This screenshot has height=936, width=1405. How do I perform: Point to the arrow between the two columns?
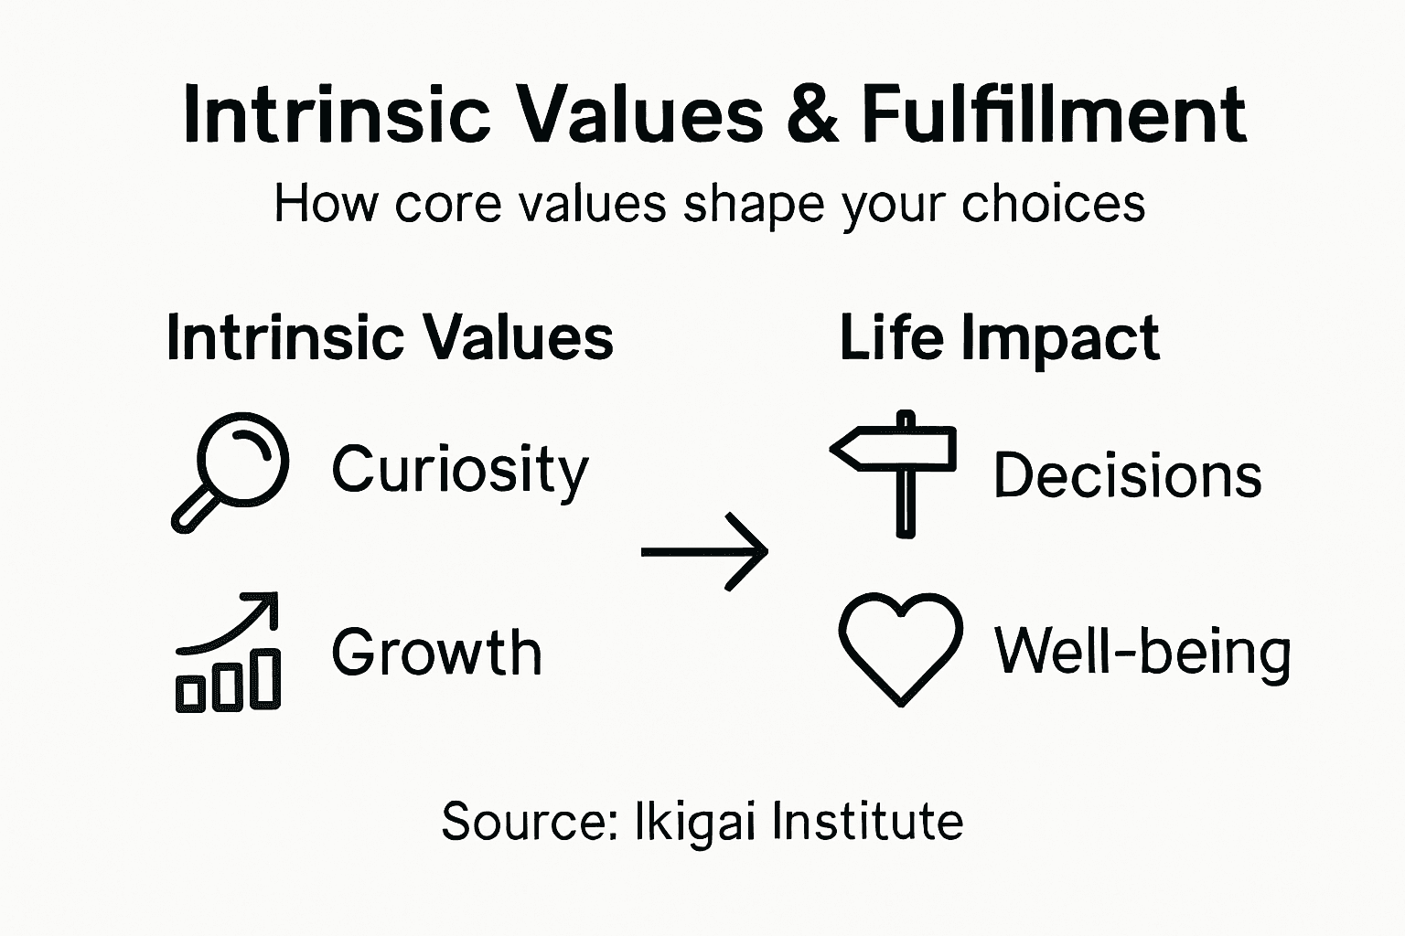(x=704, y=551)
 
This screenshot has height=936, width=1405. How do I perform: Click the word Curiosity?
(x=460, y=471)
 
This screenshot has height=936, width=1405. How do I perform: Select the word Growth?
(x=436, y=653)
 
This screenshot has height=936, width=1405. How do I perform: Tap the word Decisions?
(x=1127, y=476)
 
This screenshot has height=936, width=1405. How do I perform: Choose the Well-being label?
(x=1142, y=652)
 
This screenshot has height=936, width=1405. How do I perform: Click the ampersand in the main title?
(x=811, y=116)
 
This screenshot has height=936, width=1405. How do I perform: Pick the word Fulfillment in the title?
(x=1053, y=115)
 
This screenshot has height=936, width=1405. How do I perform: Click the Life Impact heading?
(x=999, y=339)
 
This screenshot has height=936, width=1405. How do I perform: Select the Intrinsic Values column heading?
(x=390, y=339)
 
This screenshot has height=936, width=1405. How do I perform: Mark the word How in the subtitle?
(x=326, y=204)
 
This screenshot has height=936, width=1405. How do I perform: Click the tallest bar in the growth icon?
(x=267, y=680)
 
